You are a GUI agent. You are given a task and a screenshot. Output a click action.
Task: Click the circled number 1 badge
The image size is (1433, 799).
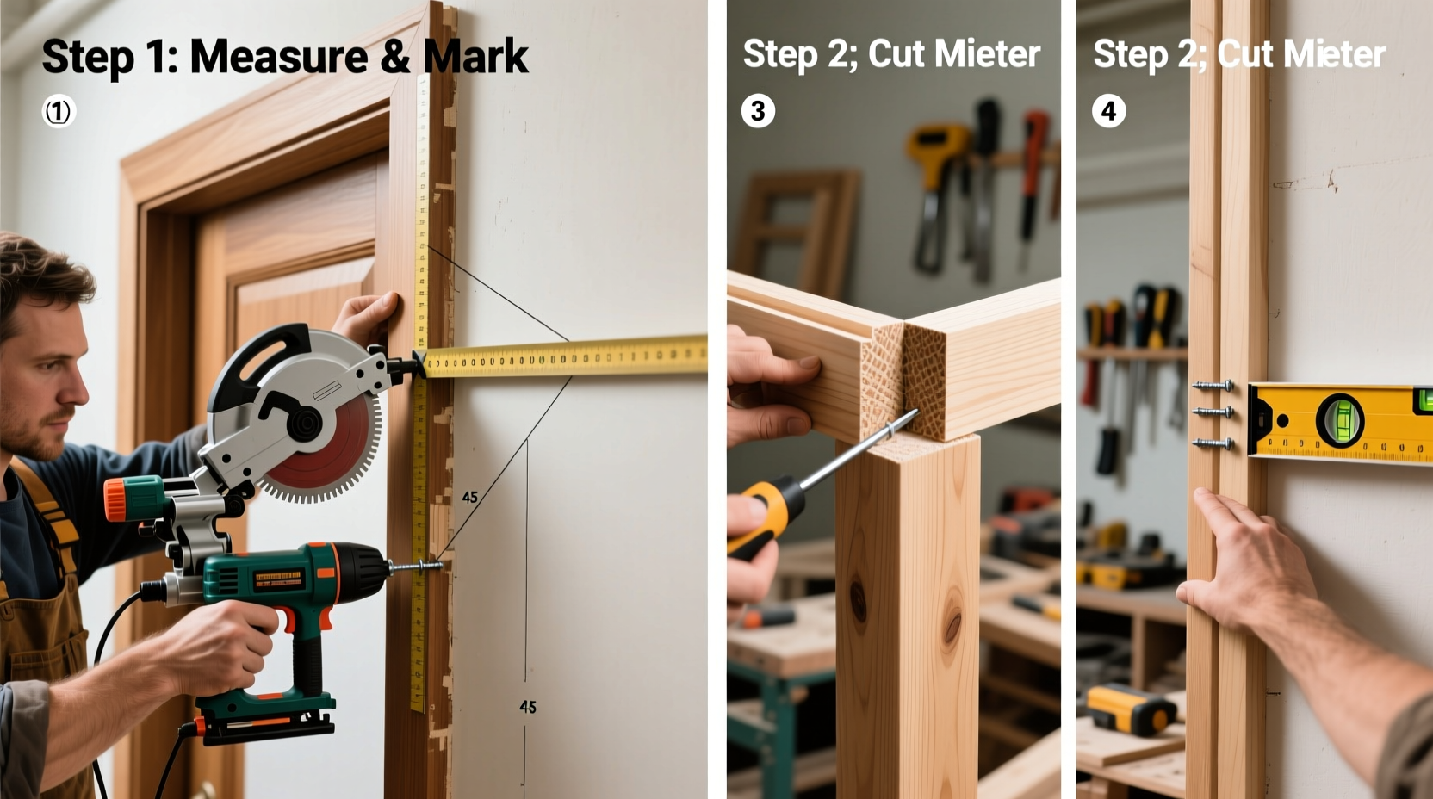tap(59, 111)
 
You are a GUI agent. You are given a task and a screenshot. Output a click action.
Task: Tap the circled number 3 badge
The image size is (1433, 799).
tap(758, 111)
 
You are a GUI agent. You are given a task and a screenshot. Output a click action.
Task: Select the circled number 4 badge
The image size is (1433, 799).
tap(1108, 111)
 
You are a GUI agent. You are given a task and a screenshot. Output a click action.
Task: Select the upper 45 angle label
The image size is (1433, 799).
tap(469, 497)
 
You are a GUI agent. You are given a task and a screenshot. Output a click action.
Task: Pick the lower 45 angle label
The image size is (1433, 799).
tap(528, 707)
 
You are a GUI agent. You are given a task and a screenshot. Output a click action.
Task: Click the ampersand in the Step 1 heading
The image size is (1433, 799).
tap(394, 57)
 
